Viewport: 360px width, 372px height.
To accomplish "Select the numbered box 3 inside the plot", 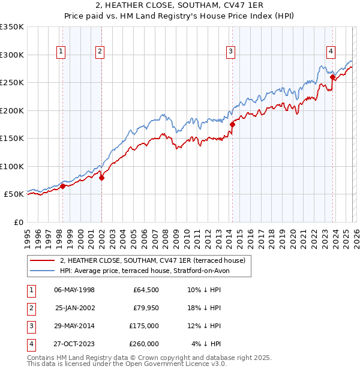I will pos(230,52).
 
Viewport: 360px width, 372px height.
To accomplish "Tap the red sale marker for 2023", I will pos(332,77).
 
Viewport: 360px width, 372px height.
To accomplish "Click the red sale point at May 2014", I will pos(232,124).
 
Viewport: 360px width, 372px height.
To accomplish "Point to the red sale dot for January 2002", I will pos(101,178).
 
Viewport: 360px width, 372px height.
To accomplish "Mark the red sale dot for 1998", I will pos(62,186).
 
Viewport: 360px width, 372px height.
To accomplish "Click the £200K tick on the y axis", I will pos(12,110).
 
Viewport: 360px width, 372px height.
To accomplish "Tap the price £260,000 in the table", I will pos(144,344).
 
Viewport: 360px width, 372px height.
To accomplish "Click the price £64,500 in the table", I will pos(146,290).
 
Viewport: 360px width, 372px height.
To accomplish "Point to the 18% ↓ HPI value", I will pos(205,308).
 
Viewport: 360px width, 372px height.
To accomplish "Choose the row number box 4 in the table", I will pos(30,344).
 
